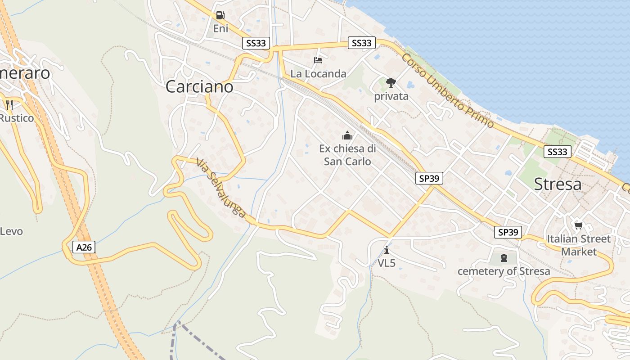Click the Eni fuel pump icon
[x=220, y=15]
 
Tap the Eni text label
[x=220, y=28]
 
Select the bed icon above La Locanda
[x=318, y=60]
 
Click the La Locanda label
[x=318, y=73]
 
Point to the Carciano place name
[x=199, y=86]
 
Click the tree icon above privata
[x=391, y=83]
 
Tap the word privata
[x=391, y=96]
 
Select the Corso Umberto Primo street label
[x=448, y=90]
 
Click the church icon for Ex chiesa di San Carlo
[x=347, y=135]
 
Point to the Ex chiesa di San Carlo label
[x=347, y=155]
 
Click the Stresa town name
[x=558, y=184]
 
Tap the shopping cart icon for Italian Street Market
[x=578, y=225]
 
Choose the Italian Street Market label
[x=579, y=245]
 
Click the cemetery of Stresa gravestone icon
[x=504, y=258]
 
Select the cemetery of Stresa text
[x=504, y=271]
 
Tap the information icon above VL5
[x=387, y=250]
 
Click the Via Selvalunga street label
[x=221, y=189]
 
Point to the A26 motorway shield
[x=84, y=247]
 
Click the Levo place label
[x=11, y=231]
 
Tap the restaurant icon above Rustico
[x=9, y=105]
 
